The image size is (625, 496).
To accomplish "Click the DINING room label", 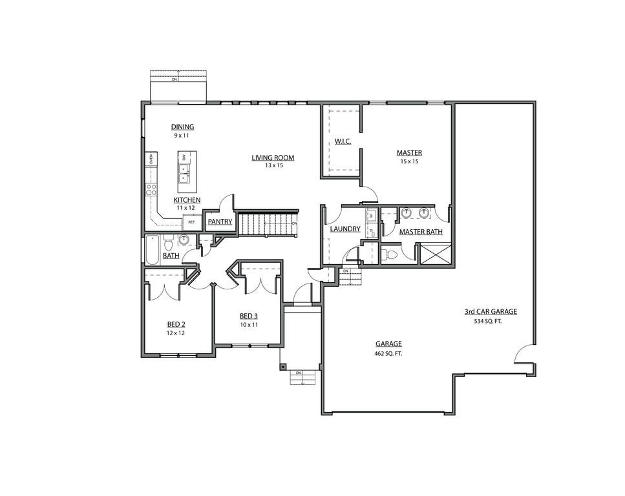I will point(182,127).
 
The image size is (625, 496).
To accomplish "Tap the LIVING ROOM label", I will point(273,157).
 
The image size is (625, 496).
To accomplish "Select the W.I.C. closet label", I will point(343,141).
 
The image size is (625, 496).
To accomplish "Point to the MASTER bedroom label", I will point(409,152).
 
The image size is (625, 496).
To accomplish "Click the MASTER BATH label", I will point(421,232).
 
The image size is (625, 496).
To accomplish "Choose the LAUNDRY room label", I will point(345,229).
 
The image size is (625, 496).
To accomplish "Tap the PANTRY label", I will point(220,222).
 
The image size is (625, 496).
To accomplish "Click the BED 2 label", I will point(176,324).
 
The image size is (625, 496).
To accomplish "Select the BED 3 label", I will point(249,316).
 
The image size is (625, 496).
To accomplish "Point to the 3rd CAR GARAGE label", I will point(491,311).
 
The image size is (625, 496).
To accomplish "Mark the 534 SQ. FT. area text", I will point(488,320).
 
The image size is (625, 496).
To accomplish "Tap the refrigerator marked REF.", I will point(191,222).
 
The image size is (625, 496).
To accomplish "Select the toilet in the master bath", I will point(390,254).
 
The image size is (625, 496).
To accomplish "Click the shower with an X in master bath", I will point(436,253).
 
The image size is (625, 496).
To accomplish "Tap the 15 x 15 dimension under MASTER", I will point(409,161).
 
